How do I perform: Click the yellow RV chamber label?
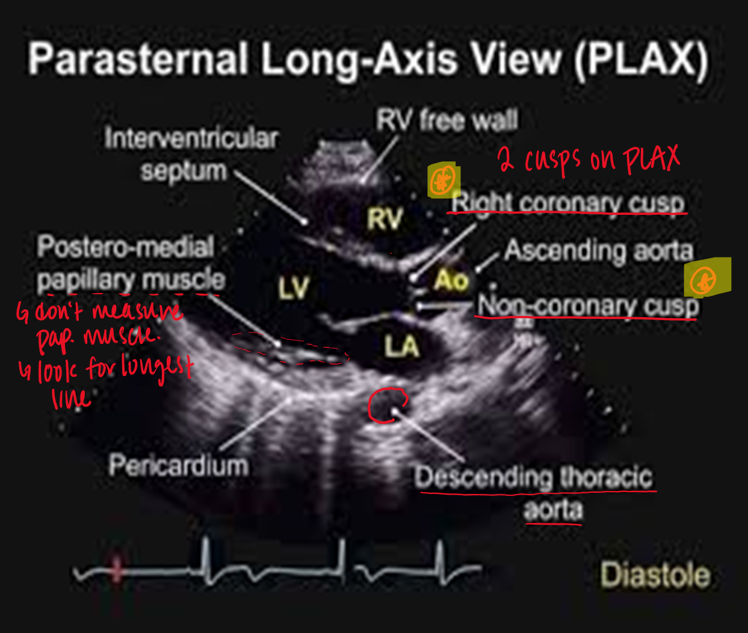385,218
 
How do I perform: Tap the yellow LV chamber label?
294,288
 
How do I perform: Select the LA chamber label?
402,345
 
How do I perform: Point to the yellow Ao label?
451,280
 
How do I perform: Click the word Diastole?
655,575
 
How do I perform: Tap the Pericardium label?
179,465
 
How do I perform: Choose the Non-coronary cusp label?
588,306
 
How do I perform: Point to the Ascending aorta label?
599,250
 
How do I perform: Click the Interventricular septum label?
191,155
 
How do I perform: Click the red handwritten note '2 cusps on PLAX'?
589,159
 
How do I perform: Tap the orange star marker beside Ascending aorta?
703,280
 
